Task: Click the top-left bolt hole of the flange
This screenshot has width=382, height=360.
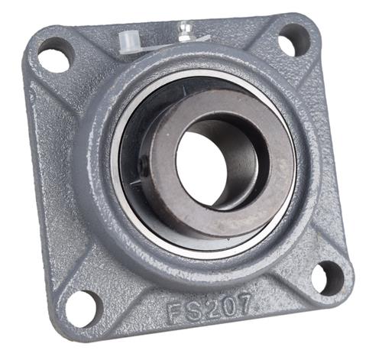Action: pos(56,55)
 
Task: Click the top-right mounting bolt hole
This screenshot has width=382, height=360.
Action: pos(294,41)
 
